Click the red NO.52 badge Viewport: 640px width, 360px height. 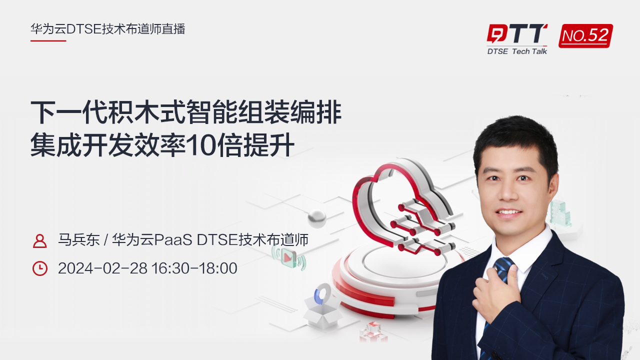coord(585,35)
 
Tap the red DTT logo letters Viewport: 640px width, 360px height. coord(517,34)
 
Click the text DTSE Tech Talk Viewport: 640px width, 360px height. coord(517,51)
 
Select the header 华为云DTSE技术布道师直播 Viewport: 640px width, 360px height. coord(108,29)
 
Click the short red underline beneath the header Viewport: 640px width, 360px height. coord(48,40)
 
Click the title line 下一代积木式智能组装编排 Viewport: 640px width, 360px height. coord(186,112)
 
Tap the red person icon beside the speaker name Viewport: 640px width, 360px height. coord(39,240)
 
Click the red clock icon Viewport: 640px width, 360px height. coord(39,268)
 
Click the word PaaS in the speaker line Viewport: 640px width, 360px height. coord(173,240)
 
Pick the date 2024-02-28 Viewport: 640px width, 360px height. coord(102,268)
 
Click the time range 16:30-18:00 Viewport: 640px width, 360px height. coord(194,268)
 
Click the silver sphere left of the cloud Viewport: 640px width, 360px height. coord(316,218)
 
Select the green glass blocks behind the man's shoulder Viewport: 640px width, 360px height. coord(560,212)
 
